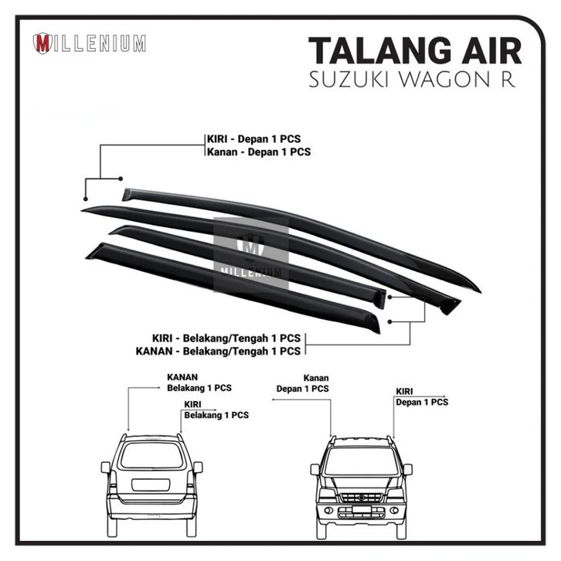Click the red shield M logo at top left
pyautogui.click(x=42, y=43)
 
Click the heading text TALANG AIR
pyautogui.click(x=415, y=51)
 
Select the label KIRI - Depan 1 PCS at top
pyautogui.click(x=253, y=139)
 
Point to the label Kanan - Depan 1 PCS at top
pyautogui.click(x=258, y=152)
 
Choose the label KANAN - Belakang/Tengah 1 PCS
pyautogui.click(x=217, y=351)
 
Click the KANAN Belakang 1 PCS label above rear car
pyautogui.click(x=199, y=382)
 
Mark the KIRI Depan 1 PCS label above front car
pyautogui.click(x=421, y=397)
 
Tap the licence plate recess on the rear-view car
pyautogui.click(x=151, y=484)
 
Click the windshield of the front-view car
pyautogui.click(x=362, y=461)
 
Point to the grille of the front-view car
pyautogui.click(x=362, y=496)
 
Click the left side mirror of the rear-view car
pyautogui.click(x=105, y=467)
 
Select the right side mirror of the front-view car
pyautogui.click(x=407, y=469)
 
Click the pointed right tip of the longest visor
pyautogui.click(x=477, y=290)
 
